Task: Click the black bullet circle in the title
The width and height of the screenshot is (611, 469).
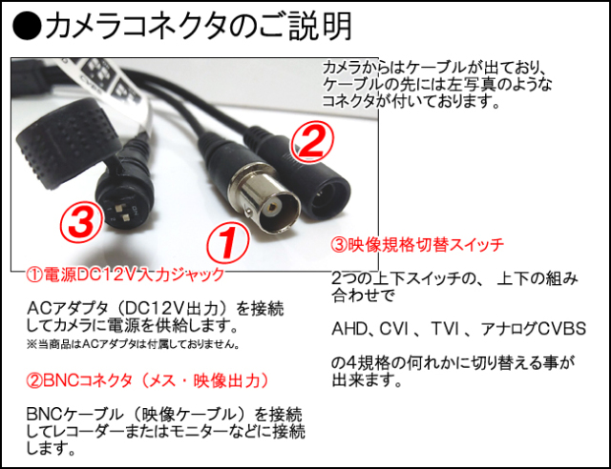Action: pos(27,26)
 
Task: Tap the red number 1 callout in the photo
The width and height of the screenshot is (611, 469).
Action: pos(227,243)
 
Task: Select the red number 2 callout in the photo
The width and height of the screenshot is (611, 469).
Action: pos(313,142)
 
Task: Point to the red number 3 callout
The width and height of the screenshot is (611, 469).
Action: pos(82,223)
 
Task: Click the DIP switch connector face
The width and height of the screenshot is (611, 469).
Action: pos(123,212)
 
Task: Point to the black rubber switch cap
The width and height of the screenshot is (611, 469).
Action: pos(68,143)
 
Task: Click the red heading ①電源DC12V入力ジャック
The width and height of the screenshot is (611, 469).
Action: pos(125,275)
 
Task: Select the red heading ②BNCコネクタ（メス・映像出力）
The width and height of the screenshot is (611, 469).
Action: pos(147,380)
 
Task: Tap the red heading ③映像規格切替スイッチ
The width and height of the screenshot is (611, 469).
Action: pos(417,245)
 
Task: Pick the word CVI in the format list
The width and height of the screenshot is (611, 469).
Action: pos(393,329)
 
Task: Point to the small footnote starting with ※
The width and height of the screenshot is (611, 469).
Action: pos(133,344)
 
